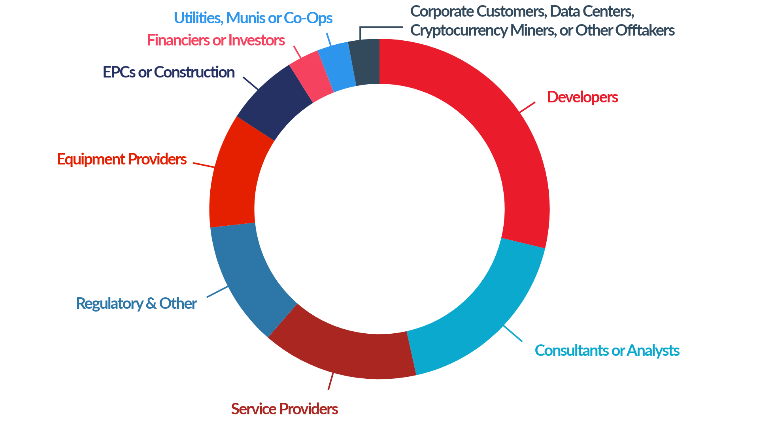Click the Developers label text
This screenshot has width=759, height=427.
pyautogui.click(x=582, y=97)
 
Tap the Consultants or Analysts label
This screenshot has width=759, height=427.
pyautogui.click(x=607, y=351)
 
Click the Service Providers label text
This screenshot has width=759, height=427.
pyautogui.click(x=284, y=409)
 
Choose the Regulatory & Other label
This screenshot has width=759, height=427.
pyautogui.click(x=136, y=304)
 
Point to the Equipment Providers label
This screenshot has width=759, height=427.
pyautogui.click(x=122, y=159)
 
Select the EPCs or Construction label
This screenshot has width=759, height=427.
pyautogui.click(x=169, y=72)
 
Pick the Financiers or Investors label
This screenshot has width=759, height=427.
pyautogui.click(x=216, y=40)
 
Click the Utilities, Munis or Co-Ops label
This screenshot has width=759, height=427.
pyautogui.click(x=253, y=18)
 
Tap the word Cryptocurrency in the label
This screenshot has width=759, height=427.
pyautogui.click(x=459, y=30)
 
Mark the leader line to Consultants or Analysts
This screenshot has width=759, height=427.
pyautogui.click(x=513, y=333)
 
